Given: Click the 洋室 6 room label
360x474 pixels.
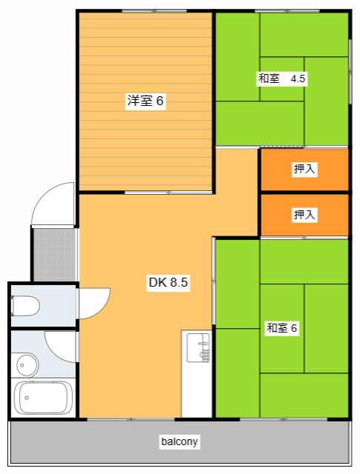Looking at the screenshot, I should point(145,101).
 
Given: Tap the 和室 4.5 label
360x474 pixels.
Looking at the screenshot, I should point(281,78).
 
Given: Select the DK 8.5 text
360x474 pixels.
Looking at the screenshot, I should point(170,282).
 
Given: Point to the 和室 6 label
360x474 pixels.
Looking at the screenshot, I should point(281,328).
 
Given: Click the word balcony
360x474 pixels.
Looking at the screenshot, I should point(180,442).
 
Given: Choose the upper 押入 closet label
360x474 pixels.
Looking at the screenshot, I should point(304,170).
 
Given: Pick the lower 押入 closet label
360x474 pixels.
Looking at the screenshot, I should point(304,215).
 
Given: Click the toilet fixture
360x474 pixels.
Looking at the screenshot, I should point(25,305).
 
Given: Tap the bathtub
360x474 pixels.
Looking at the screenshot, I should point(44,398).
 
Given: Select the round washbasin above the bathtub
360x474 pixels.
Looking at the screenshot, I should point(27,364).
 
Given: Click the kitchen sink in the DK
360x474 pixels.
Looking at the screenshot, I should point(199,349).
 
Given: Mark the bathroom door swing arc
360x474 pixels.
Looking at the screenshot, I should point(61,346).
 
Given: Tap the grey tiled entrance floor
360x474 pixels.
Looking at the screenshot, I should point(54,254).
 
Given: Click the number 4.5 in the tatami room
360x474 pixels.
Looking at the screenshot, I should point(298,78).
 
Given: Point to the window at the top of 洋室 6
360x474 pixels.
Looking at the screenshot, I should point(144,10).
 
